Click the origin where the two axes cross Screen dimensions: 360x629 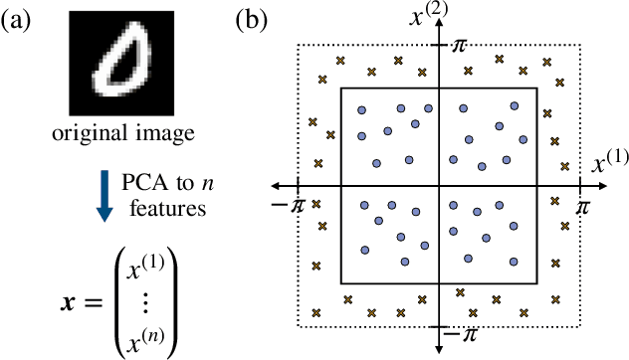(440, 186)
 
